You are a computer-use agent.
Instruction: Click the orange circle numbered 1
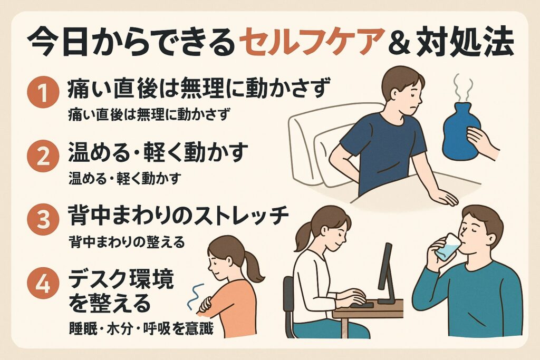point(43,93)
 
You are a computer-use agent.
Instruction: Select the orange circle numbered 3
point(43,220)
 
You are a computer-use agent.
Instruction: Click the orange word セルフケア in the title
point(310,42)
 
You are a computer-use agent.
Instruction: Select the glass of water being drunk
point(447,247)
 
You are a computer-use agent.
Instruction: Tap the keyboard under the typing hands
point(362,305)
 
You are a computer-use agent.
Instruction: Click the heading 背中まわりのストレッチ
point(178,216)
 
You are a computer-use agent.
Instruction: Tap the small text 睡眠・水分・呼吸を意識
point(141,328)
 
